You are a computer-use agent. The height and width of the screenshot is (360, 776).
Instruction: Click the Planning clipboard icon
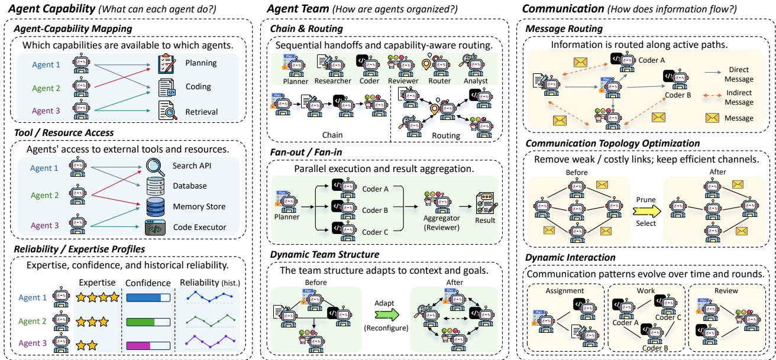point(167,64)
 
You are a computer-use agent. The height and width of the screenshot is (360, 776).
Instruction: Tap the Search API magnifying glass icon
point(155,167)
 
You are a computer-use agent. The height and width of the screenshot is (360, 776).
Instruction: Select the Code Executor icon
point(155,228)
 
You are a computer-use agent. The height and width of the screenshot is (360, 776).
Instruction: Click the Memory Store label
point(199,207)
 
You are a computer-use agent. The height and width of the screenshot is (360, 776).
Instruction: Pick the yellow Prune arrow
point(646,211)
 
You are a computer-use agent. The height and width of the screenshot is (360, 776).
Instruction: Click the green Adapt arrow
point(387,314)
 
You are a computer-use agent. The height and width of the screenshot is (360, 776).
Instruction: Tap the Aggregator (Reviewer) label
point(441,223)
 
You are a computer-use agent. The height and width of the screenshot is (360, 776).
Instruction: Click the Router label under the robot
point(439,80)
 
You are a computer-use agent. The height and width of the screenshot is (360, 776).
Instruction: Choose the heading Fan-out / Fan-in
point(306,153)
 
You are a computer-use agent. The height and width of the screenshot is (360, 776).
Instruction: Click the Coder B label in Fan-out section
point(375,210)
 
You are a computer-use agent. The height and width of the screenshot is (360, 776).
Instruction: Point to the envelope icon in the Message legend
point(712,118)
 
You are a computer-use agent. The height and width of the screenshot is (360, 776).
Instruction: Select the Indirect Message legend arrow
point(712,95)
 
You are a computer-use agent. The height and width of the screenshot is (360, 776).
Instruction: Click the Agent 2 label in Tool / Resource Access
point(45,195)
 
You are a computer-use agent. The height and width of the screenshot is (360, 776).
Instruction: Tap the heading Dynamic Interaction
point(570,258)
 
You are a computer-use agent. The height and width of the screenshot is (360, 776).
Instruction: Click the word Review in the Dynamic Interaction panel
point(726,291)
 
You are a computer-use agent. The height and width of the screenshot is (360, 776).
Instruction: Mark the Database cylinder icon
point(156,186)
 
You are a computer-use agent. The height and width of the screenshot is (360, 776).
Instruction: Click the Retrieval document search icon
point(167,110)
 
